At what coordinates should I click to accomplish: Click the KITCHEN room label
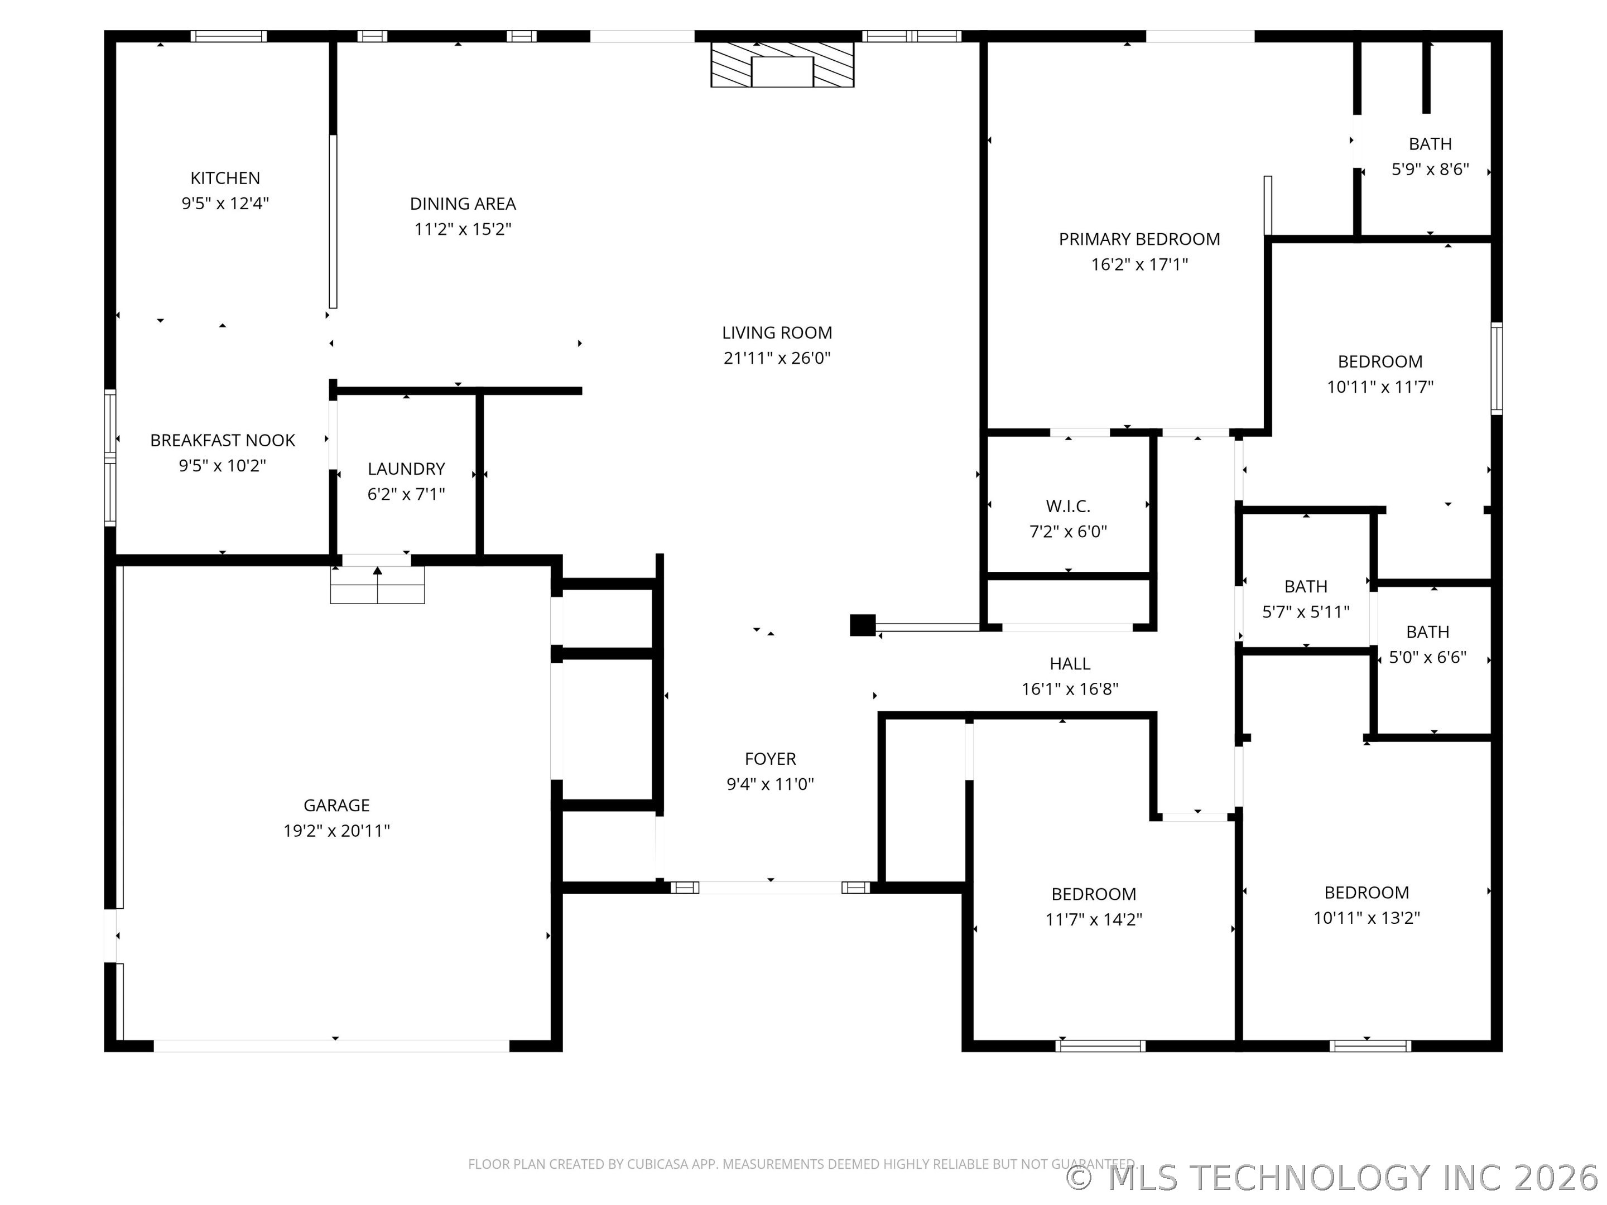click(225, 178)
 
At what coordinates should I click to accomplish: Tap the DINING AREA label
click(463, 204)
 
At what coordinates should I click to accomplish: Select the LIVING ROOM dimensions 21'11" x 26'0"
click(777, 358)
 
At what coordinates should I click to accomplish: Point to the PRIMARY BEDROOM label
click(1139, 239)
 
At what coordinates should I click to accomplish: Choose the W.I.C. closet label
click(1068, 506)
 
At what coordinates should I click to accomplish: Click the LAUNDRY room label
click(406, 469)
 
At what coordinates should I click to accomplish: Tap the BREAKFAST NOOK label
click(222, 440)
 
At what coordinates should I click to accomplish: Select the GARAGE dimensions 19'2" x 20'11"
click(336, 830)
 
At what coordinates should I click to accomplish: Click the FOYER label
click(770, 759)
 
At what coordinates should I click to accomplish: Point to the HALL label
click(1070, 663)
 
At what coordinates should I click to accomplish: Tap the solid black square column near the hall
click(862, 625)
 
